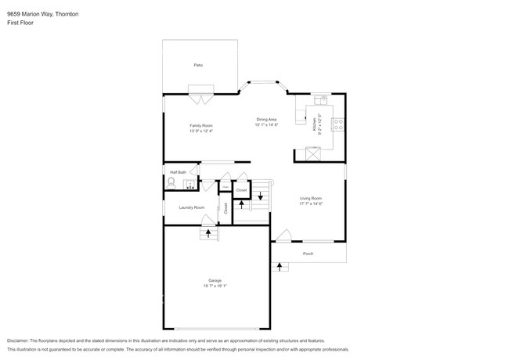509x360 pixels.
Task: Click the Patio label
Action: click(x=199, y=65)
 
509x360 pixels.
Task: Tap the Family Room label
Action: click(x=200, y=125)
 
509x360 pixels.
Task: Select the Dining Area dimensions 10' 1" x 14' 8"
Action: click(x=266, y=125)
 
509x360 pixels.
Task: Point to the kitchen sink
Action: click(x=320, y=101)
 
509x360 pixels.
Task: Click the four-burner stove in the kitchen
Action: click(x=339, y=123)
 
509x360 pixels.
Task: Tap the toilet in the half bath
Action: click(x=171, y=182)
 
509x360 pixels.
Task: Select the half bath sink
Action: click(x=189, y=185)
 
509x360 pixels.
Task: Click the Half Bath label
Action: click(x=178, y=171)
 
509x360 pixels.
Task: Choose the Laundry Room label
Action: click(x=191, y=207)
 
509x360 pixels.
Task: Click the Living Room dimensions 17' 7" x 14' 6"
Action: click(x=311, y=203)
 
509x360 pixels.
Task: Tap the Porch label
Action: click(x=309, y=254)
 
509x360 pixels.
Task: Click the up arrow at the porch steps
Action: click(x=280, y=268)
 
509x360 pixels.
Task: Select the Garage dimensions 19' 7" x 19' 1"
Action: click(x=215, y=286)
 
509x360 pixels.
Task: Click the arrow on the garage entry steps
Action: click(x=208, y=232)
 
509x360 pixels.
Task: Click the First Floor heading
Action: click(x=20, y=23)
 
